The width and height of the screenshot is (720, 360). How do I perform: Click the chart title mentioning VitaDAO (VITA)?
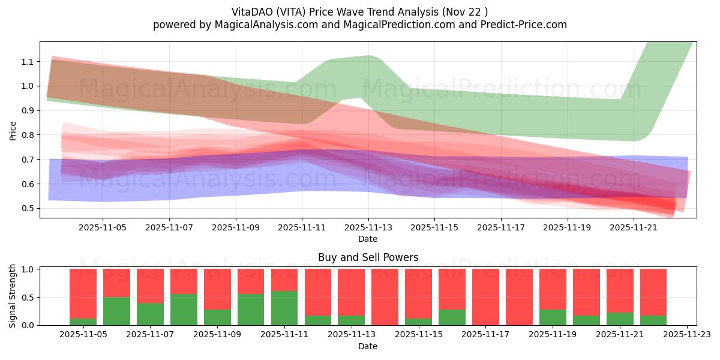[x=359, y=11]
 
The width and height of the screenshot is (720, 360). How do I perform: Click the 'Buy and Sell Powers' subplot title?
[x=368, y=257]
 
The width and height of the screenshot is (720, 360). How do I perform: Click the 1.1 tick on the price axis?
[x=28, y=62]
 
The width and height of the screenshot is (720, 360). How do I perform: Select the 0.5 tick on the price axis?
[x=28, y=208]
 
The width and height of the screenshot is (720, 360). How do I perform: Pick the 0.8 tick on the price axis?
[x=28, y=135]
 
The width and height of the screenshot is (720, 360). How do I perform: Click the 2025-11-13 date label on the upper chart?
[x=368, y=228]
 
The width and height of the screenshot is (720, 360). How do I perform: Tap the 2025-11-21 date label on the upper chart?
[x=634, y=228]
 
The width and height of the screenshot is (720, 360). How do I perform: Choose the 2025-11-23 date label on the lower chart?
[x=686, y=334]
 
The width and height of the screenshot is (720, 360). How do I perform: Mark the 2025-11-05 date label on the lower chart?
[x=83, y=334]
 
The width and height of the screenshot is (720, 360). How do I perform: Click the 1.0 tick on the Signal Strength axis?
[x=28, y=269]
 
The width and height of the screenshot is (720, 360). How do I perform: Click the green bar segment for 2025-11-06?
[x=116, y=311]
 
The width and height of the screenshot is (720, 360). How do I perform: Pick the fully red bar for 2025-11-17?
[x=485, y=297]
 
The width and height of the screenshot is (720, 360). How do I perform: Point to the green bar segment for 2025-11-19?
[x=553, y=317]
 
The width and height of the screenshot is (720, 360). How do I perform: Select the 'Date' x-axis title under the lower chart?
[x=368, y=346]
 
